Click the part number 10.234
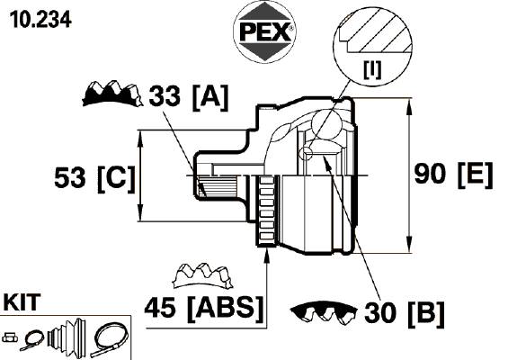tap(40, 20)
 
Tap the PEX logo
tap(264, 31)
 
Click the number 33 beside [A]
tap(165, 95)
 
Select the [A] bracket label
tap(210, 97)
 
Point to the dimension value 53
tap(70, 177)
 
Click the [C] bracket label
tap(116, 179)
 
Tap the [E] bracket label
tap(476, 175)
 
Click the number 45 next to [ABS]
tap(160, 307)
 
